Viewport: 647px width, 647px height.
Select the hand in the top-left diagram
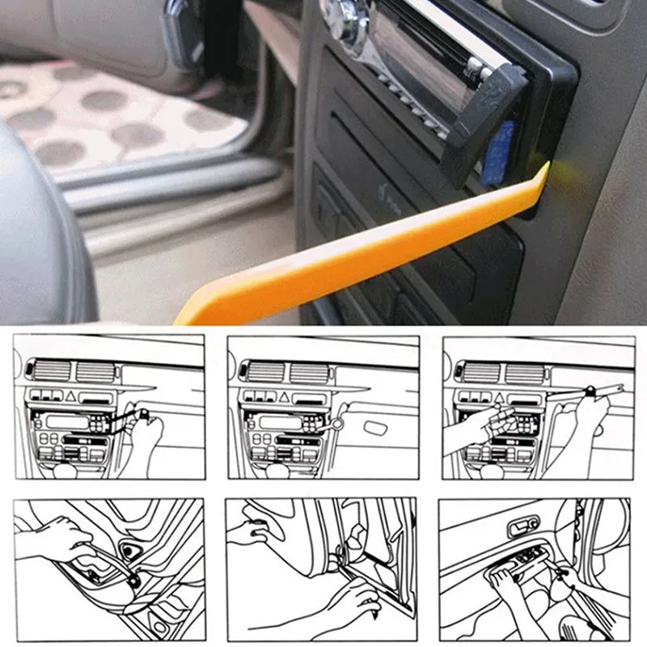(x=146, y=433)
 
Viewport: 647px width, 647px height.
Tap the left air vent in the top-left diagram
(x=49, y=372)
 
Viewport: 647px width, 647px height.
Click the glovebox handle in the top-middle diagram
(x=379, y=426)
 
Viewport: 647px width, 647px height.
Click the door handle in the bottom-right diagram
(x=522, y=528)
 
